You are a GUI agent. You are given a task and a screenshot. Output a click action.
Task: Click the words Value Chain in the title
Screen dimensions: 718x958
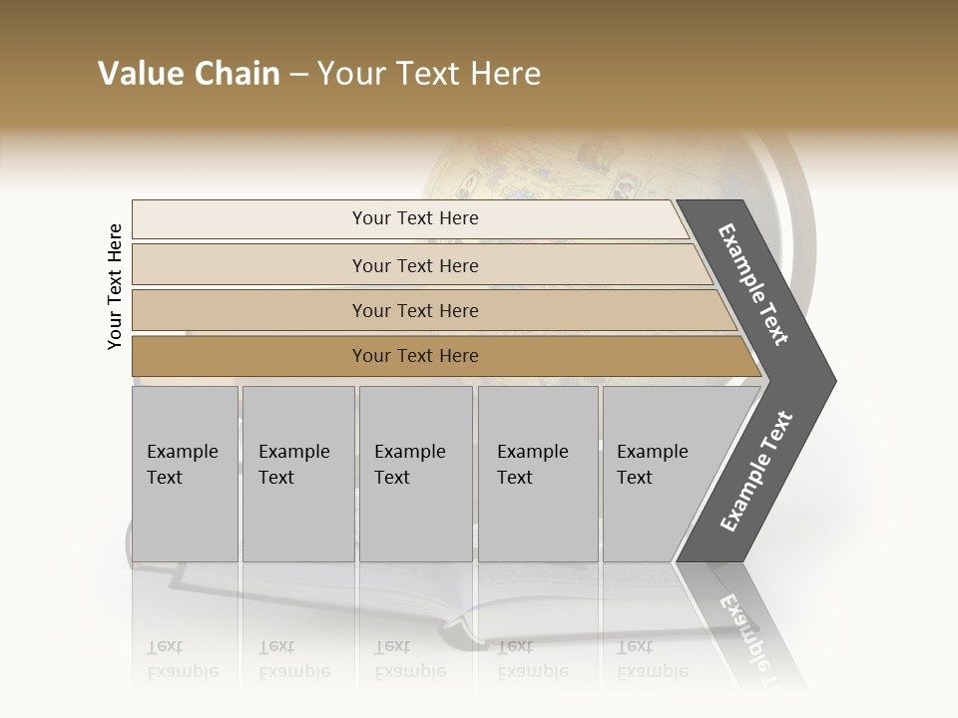click(x=189, y=74)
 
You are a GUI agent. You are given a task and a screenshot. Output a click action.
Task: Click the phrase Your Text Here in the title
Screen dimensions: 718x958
click(x=429, y=74)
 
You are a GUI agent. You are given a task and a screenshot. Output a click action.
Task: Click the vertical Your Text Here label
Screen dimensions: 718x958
click(x=115, y=287)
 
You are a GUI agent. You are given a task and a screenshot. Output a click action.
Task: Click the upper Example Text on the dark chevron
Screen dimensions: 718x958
click(x=753, y=284)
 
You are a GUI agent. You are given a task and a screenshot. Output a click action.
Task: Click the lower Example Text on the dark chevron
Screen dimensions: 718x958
click(x=756, y=472)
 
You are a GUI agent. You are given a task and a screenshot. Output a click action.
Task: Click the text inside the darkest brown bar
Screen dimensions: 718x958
click(x=415, y=356)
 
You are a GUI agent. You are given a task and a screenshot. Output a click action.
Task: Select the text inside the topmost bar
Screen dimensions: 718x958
click(x=415, y=218)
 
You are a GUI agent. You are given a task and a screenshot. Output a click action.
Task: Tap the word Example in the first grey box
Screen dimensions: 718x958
click(x=182, y=452)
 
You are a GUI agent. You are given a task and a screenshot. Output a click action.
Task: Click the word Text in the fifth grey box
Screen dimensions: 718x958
click(x=634, y=478)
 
